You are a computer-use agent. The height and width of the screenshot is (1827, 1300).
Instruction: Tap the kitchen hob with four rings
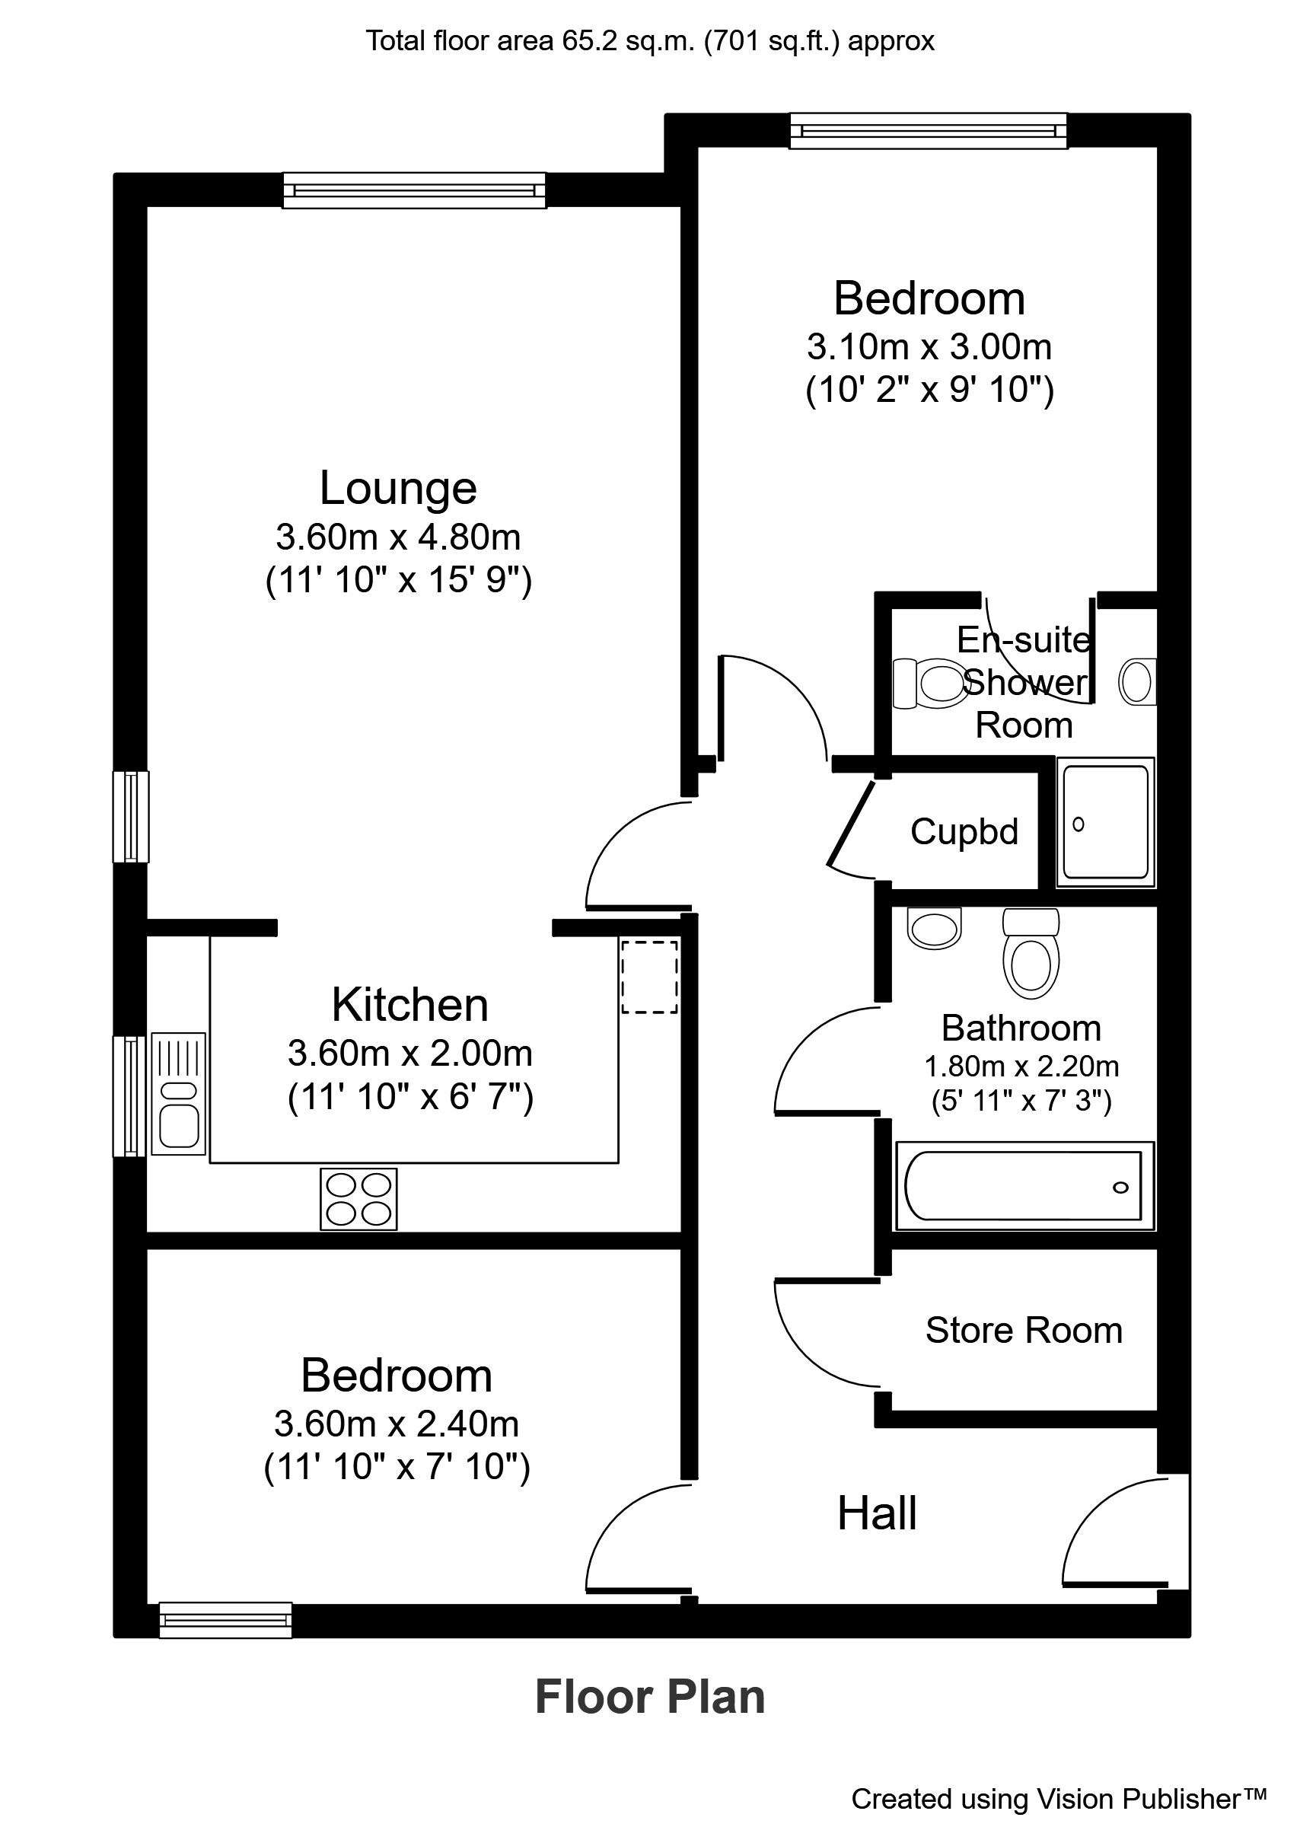(x=358, y=1198)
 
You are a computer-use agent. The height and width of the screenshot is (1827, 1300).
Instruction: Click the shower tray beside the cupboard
(x=1105, y=822)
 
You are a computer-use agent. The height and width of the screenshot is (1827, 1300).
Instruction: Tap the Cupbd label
(x=964, y=832)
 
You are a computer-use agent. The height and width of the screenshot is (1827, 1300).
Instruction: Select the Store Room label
(x=1023, y=1331)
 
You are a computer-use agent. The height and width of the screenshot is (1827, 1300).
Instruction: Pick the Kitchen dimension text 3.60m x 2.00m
(x=409, y=1054)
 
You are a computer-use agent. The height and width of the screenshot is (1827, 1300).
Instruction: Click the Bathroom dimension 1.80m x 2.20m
(x=1021, y=1067)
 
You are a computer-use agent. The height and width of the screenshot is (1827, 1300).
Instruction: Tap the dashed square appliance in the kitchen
(x=649, y=977)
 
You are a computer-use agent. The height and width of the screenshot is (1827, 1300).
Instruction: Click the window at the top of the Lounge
(x=415, y=190)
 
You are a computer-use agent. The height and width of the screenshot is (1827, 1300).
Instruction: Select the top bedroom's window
(x=929, y=130)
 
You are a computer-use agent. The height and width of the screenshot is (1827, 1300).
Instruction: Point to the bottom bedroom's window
(x=226, y=1619)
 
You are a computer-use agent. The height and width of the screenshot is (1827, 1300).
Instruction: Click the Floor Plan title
(x=649, y=1698)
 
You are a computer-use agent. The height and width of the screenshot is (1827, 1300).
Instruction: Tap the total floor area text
(x=649, y=41)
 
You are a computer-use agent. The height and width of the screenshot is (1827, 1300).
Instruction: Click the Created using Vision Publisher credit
(x=1058, y=1798)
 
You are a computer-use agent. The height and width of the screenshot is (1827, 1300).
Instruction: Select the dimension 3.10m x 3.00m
(x=929, y=346)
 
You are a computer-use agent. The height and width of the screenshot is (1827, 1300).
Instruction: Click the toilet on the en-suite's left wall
(x=929, y=683)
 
